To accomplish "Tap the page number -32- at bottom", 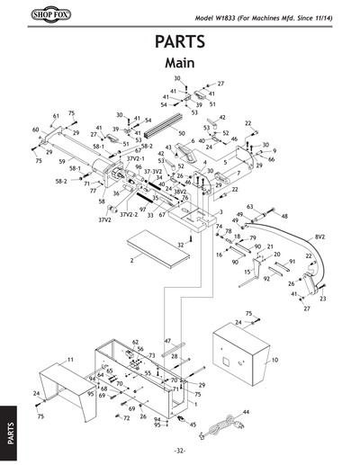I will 180,450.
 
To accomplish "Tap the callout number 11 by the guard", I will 69,359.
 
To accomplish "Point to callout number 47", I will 167,342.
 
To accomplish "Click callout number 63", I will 249,207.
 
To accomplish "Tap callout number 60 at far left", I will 36,130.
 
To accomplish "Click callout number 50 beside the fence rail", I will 182,133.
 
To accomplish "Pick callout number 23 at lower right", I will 322,298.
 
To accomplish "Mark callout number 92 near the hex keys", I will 266,279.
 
